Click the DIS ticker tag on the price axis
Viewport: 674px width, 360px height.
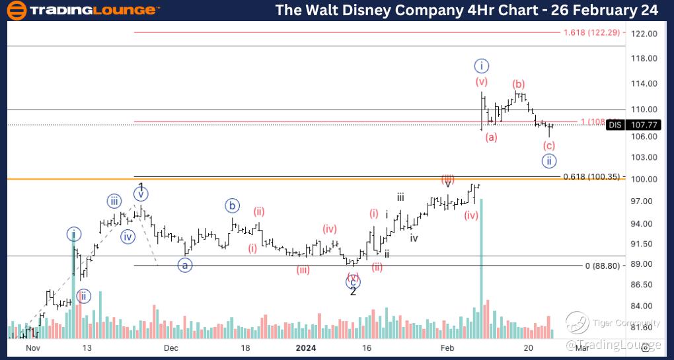pyautogui.click(x=615, y=124)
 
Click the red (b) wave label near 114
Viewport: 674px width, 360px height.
pyautogui.click(x=519, y=84)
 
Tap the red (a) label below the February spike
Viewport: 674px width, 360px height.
pyautogui.click(x=491, y=137)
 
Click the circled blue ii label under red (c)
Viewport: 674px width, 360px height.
pyautogui.click(x=548, y=161)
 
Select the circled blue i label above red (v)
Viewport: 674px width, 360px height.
pyautogui.click(x=482, y=65)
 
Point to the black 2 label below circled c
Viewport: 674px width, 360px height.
pyautogui.click(x=353, y=292)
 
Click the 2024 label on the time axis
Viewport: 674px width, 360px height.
pyautogui.click(x=306, y=347)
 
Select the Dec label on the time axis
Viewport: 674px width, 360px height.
pyautogui.click(x=170, y=347)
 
